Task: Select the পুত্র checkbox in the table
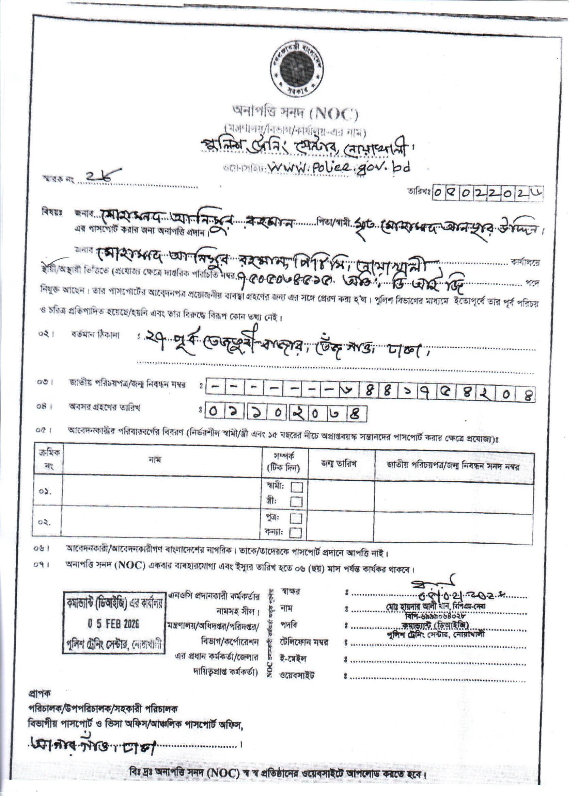297,518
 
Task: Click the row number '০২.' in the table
46,522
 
